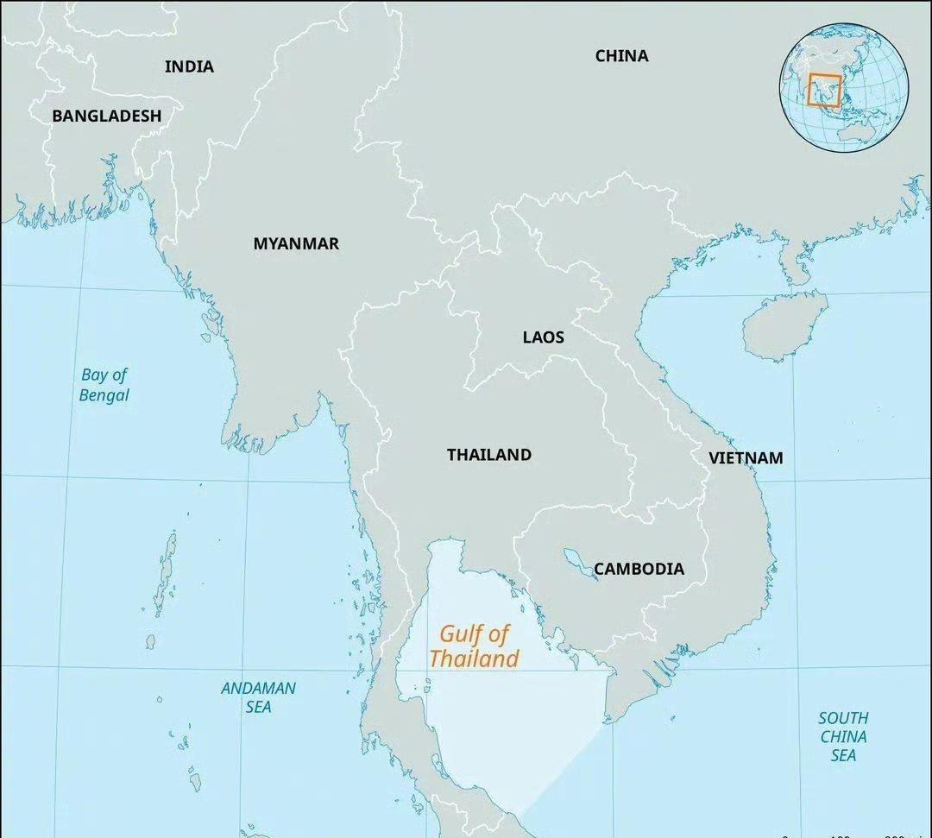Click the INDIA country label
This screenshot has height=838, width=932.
189,66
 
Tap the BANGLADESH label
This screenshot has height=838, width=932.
106,116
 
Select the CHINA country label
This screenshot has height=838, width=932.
621,56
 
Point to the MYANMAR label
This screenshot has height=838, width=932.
296,244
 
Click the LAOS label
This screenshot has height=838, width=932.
543,337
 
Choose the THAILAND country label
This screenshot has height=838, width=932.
488,455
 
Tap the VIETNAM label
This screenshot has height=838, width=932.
746,458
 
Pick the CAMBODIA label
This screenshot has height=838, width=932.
639,569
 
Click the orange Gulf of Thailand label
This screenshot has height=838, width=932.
474,646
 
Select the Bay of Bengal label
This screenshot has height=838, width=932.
104,385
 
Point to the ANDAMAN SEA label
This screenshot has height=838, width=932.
258,697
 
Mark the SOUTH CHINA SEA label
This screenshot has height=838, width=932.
843,736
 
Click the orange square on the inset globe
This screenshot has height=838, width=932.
824,90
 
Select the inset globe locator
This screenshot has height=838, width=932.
844,89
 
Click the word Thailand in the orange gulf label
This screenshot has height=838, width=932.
474,659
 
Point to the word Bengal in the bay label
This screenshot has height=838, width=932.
104,395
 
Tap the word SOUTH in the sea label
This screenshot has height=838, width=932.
843,718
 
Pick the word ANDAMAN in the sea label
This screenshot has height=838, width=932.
258,689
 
